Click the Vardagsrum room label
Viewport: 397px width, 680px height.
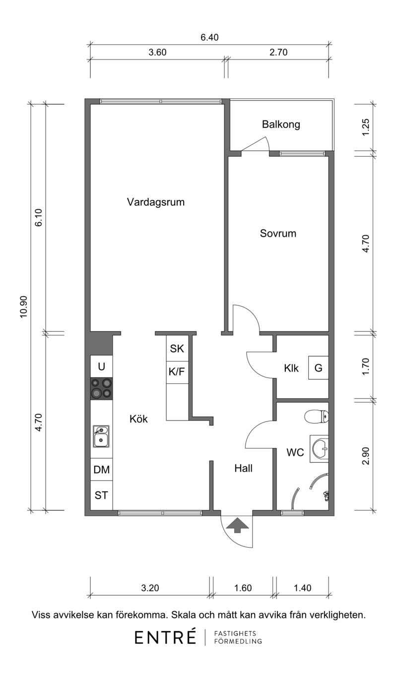click(x=155, y=202)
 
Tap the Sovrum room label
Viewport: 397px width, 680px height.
click(x=278, y=234)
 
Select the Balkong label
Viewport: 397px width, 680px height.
click(x=281, y=124)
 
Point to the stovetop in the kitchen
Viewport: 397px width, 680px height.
click(x=101, y=388)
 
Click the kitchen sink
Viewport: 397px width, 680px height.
click(x=101, y=436)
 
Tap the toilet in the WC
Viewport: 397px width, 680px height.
click(x=317, y=417)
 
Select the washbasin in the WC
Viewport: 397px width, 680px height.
click(x=319, y=448)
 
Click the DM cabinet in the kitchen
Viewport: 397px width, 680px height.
click(x=101, y=470)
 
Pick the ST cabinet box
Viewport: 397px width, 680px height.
click(x=101, y=495)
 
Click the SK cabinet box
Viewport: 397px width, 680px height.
click(x=177, y=348)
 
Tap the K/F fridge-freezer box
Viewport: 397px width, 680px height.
click(x=177, y=372)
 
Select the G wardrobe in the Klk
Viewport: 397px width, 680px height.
click(x=318, y=368)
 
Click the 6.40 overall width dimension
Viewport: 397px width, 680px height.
click(x=209, y=37)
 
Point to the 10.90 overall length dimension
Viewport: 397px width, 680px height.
click(x=24, y=307)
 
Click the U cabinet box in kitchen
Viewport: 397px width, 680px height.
click(x=101, y=367)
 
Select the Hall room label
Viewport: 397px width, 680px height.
click(x=243, y=468)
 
